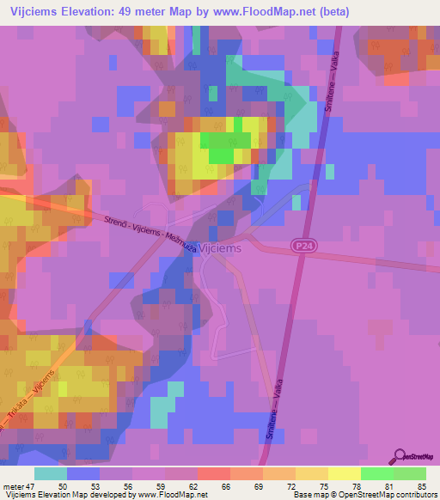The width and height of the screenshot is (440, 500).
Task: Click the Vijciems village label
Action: tap(221, 247)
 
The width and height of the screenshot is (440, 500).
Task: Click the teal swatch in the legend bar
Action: tap(51, 473)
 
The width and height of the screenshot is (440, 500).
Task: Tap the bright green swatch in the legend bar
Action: tap(376, 473)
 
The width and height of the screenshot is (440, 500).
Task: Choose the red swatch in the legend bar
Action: tap(213, 473)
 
